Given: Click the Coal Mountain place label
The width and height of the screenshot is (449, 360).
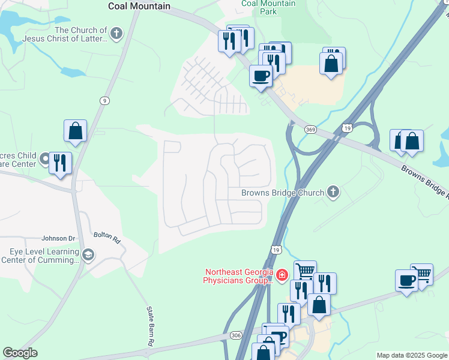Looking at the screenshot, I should coord(139,6).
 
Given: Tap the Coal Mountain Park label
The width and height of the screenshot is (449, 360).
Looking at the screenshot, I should coord(268,7).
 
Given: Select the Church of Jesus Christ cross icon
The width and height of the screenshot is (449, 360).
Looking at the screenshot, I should coord(116,34).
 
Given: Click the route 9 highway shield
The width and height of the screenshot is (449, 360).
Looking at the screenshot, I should coord(105,101).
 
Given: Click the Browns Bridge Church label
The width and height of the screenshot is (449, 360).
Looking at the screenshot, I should coord(282,193).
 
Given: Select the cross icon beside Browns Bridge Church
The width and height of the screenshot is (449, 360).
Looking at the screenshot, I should coord(333,193).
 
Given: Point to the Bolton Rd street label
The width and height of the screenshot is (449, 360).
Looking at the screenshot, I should coord(107,237).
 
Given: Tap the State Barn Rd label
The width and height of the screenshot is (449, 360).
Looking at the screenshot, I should coord(150,326).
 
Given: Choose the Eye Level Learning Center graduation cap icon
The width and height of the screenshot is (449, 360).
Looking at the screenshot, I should coord(88,256).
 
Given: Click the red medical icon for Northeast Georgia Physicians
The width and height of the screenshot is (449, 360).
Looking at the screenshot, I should coord(282,275).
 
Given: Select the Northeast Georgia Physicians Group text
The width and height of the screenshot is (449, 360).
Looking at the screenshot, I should coord(238,276).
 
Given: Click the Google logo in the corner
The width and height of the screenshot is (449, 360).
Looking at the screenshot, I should coord(20,353).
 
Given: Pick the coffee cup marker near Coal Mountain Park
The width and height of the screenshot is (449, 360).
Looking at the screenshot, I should coord(261,76).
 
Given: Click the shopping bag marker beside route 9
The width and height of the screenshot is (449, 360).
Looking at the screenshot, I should coord(76,131).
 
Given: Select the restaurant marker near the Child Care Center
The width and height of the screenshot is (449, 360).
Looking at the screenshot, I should coord(60,163).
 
